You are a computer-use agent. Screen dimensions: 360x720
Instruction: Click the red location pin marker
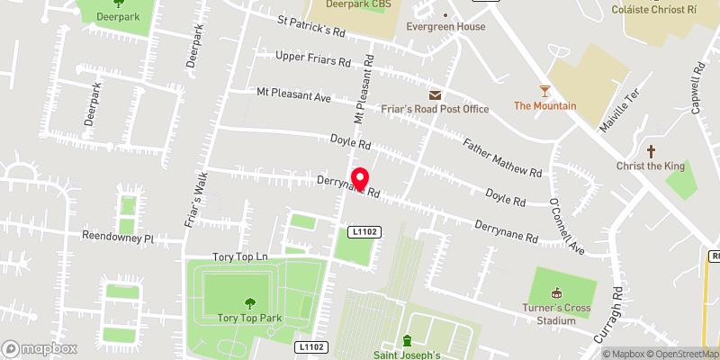pyautogui.click(x=360, y=179)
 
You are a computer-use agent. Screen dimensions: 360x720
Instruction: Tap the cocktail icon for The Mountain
pyautogui.click(x=544, y=90)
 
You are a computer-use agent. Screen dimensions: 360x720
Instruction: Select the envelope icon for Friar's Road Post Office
pyautogui.click(x=436, y=95)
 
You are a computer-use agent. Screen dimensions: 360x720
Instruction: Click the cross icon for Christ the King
pyautogui.click(x=651, y=151)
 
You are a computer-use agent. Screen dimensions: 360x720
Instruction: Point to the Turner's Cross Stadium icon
pyautogui.click(x=555, y=292)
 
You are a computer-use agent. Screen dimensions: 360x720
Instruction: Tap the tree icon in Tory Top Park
pyautogui.click(x=248, y=303)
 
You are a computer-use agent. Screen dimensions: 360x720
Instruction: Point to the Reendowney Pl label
pyautogui.click(x=118, y=239)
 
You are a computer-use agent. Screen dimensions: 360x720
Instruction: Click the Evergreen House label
pyautogui.click(x=445, y=27)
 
